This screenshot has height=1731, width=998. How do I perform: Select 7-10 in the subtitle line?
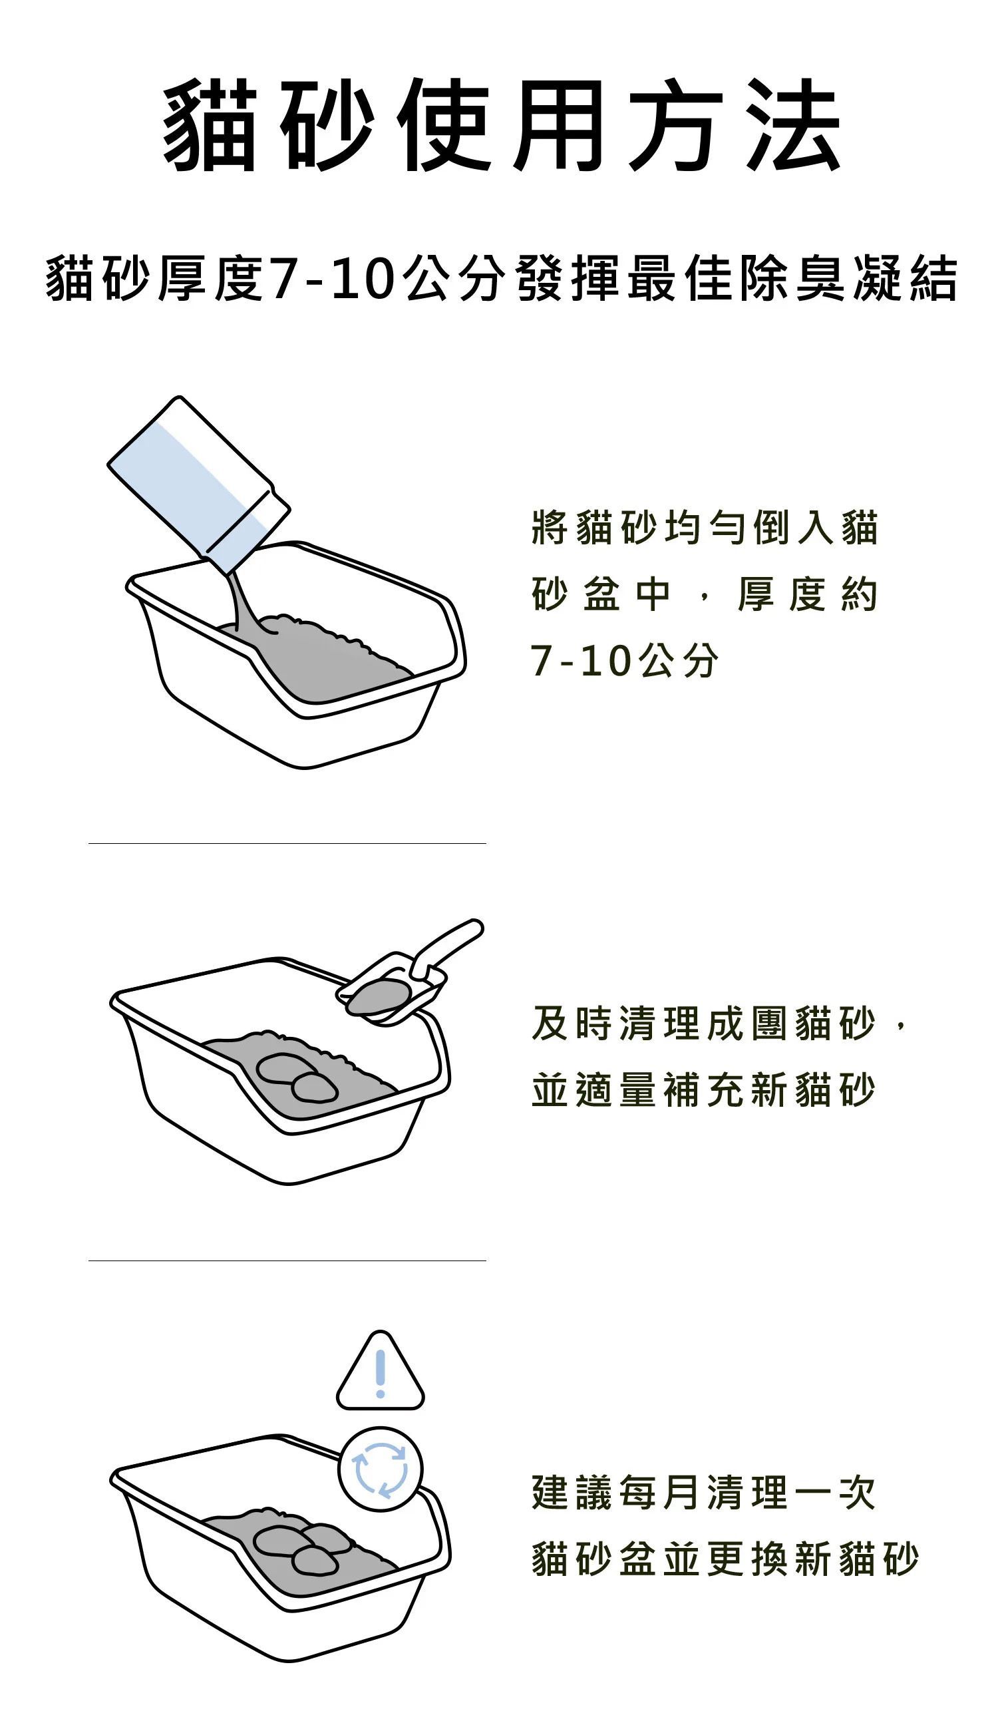coord(333,279)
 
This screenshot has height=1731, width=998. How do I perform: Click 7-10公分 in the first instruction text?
coord(624,662)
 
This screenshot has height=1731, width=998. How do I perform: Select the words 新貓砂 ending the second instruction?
coord(812,1090)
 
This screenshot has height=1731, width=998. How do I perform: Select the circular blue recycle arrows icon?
coord(381,1470)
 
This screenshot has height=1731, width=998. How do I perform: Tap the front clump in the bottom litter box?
coord(314,1561)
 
